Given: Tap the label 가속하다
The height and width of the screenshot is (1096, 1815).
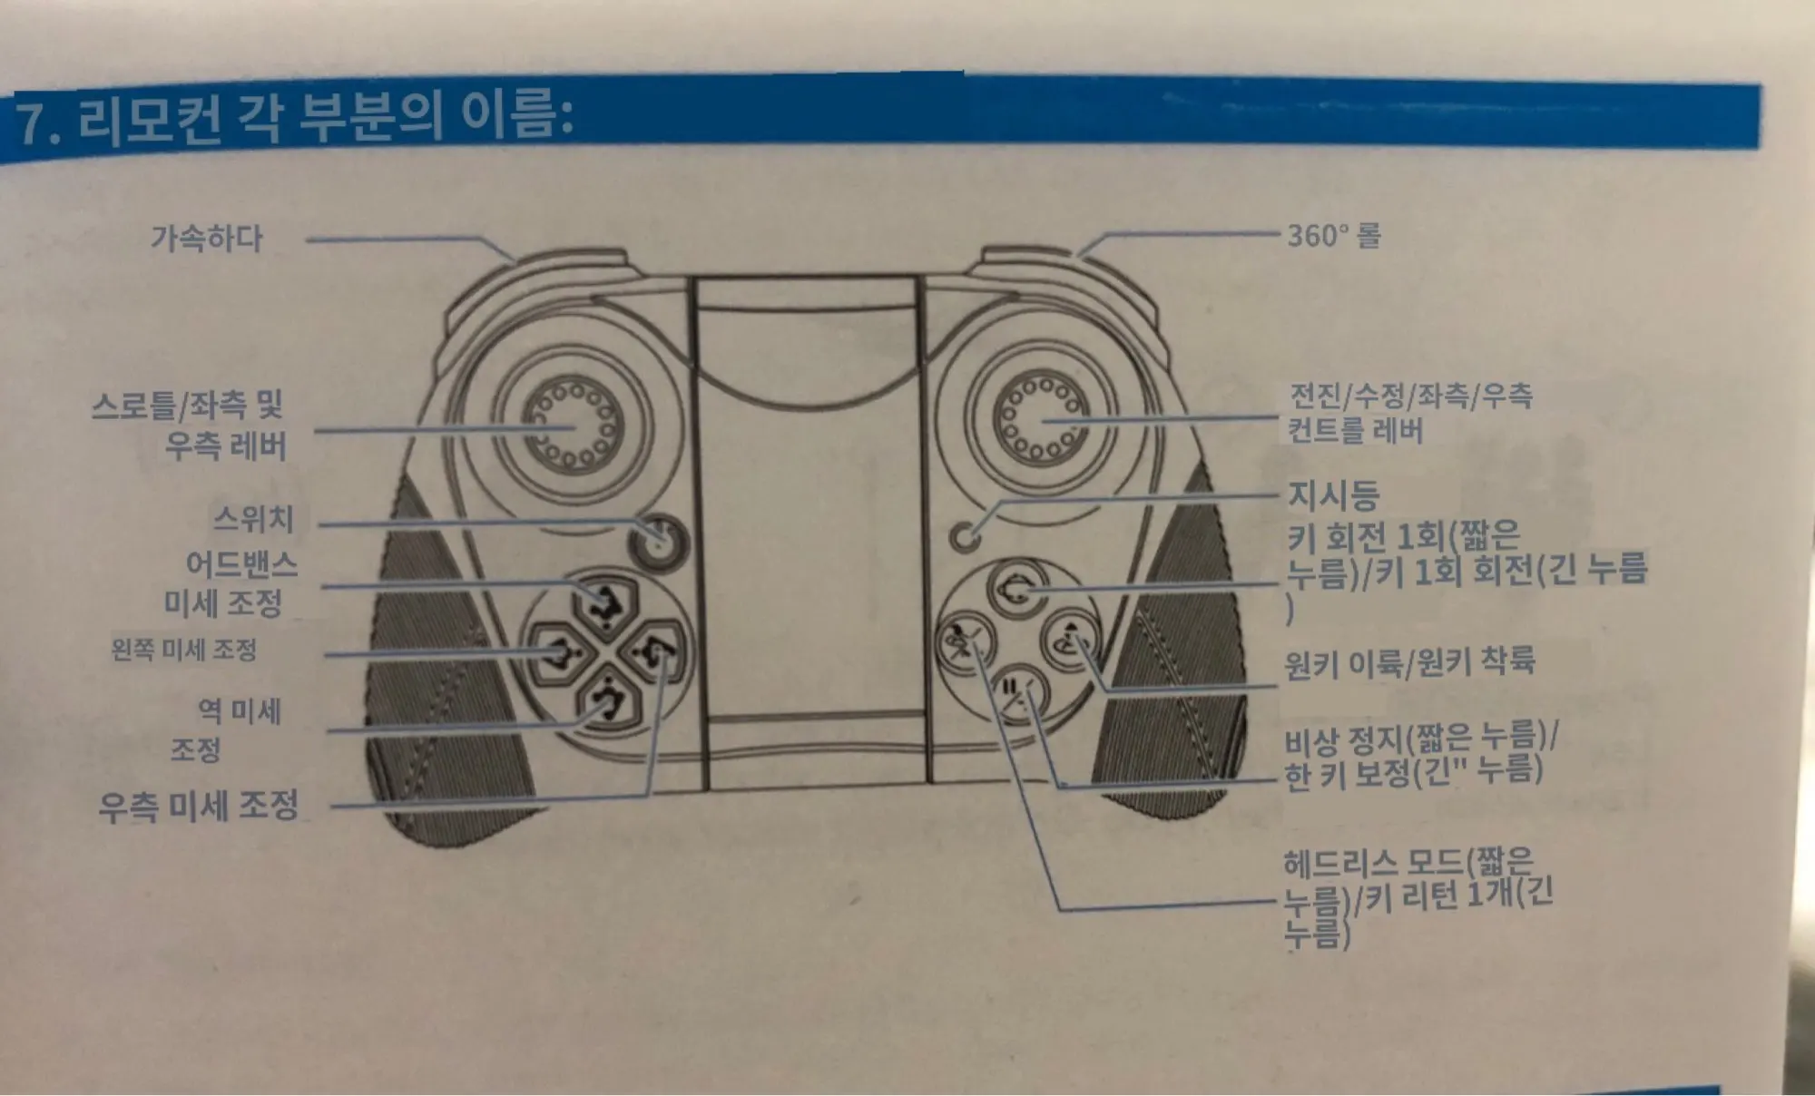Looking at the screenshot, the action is click(x=207, y=239).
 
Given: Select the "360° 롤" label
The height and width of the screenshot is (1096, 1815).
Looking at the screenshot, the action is click(x=1333, y=236).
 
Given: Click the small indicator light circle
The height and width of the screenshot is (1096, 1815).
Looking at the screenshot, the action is click(x=965, y=536).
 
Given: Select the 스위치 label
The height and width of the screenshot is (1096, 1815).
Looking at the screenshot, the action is click(x=254, y=519).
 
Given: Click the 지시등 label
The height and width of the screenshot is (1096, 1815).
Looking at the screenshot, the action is click(x=1333, y=495).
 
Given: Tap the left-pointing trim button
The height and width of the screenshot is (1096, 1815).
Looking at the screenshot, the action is click(x=557, y=651).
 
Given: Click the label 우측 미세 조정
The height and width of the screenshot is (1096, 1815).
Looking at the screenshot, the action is click(x=199, y=806).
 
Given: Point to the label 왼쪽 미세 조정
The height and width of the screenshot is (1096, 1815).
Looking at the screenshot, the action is click(x=184, y=650).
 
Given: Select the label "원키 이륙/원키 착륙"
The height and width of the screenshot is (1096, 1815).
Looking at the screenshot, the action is click(x=1409, y=661).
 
